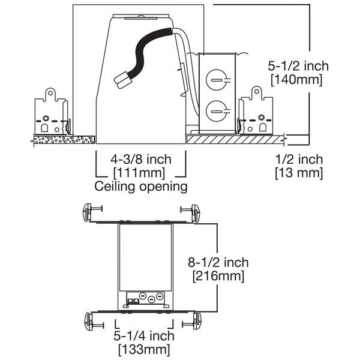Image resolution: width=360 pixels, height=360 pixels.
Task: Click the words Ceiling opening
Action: click(141, 187)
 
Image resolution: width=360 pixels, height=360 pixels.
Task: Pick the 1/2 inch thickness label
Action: click(298, 160)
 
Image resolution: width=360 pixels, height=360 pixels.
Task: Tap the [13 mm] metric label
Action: click(298, 173)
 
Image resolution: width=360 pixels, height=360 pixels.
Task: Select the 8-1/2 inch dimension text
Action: click(217, 263)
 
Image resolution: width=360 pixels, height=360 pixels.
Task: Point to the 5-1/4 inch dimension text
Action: click(144, 336)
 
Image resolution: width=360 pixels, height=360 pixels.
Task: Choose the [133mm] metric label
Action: click(144, 349)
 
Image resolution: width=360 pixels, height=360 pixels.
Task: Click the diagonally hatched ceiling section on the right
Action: click(234, 139)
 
